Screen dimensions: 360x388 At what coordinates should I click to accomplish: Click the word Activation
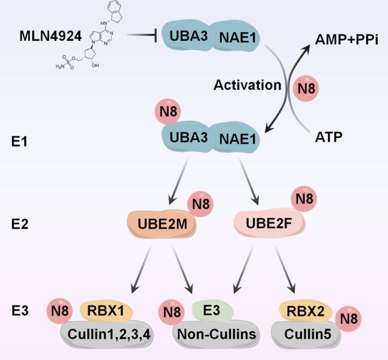[247, 85]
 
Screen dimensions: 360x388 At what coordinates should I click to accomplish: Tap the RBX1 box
[105, 310]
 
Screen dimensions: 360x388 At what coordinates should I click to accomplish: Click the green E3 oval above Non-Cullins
[211, 311]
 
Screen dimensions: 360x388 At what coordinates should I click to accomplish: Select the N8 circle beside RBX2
[348, 317]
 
